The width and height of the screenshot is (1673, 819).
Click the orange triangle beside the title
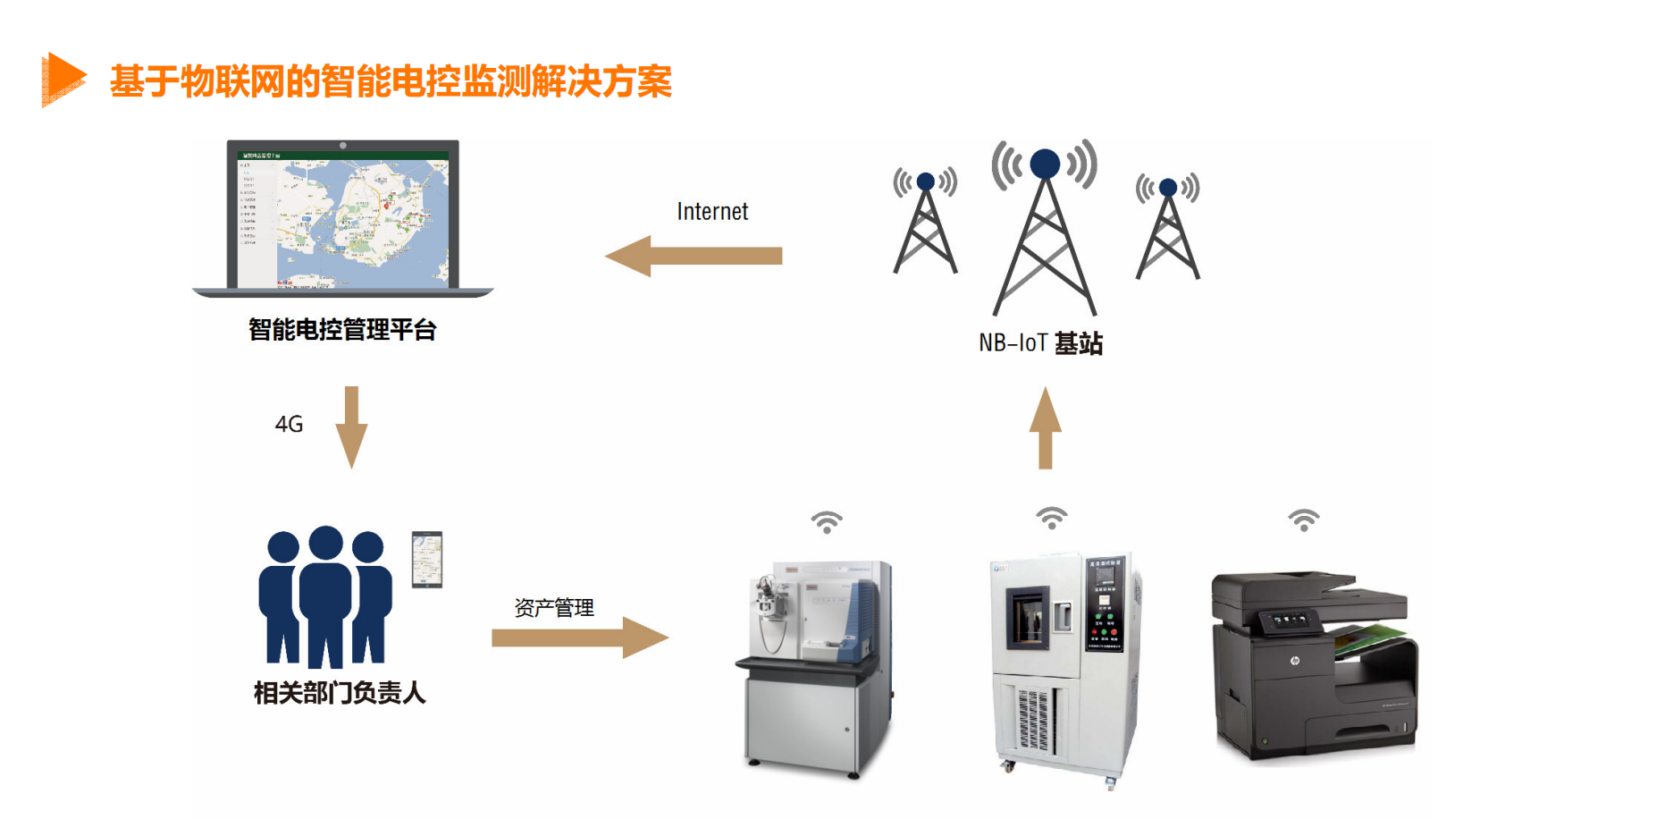[63, 79]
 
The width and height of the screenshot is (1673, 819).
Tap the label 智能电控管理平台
[342, 330]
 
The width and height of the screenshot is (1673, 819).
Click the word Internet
[712, 212]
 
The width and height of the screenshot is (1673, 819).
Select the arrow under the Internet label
[694, 256]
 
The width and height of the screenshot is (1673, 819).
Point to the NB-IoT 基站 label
[1040, 343]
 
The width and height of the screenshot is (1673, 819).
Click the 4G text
[289, 424]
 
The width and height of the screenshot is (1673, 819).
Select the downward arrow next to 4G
[351, 426]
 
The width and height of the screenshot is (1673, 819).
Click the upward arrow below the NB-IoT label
[1045, 427]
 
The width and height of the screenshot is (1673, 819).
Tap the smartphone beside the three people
[427, 559]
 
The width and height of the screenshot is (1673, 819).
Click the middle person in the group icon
[325, 595]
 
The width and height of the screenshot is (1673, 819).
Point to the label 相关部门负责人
[340, 692]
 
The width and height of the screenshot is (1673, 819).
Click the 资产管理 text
[554, 608]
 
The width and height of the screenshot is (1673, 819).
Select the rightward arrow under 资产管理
[579, 637]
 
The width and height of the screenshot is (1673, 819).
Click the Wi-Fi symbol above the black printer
[1303, 519]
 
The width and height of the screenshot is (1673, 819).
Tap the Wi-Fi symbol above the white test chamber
[1052, 517]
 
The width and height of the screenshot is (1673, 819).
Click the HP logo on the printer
[1294, 661]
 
